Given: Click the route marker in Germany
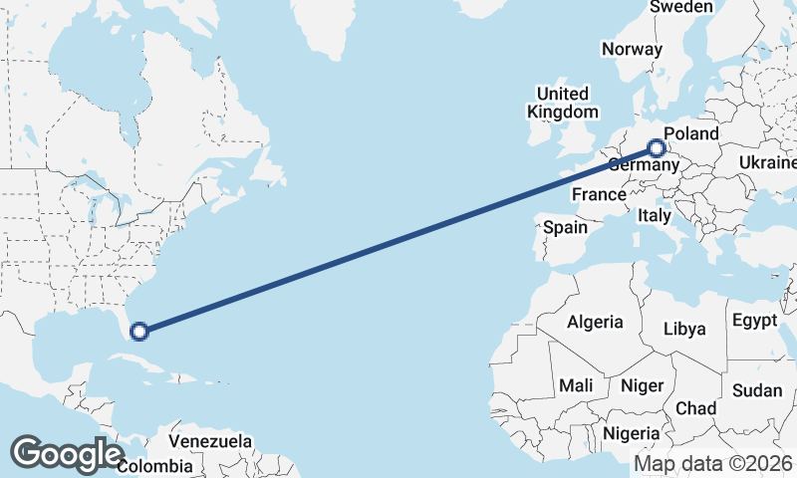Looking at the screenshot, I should [657, 149].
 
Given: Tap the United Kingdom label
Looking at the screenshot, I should [564, 103].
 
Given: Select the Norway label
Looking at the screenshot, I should [632, 49].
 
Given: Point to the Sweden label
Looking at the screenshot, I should [680, 7].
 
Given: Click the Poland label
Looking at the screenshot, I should [690, 133].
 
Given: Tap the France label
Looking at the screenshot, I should [599, 195].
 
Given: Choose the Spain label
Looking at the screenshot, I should [565, 227].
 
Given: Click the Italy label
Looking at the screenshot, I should [655, 215].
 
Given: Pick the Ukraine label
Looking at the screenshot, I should [768, 162].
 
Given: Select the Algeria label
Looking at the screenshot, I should [595, 322].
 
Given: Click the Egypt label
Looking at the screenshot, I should [753, 321].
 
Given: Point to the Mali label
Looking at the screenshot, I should [576, 384].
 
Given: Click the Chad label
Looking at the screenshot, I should [695, 408].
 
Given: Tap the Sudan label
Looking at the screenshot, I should [757, 390].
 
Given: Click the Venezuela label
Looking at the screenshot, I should [209, 440].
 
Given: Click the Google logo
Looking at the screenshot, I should [67, 453].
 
